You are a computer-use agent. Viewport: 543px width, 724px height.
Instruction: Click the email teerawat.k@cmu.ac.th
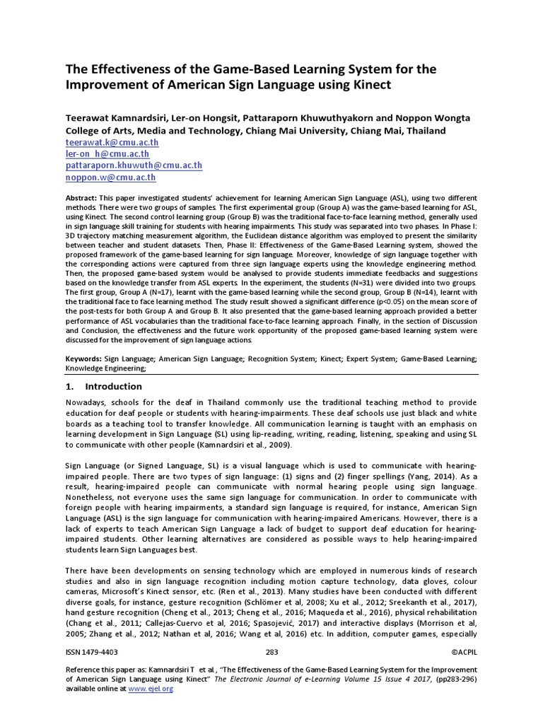112,142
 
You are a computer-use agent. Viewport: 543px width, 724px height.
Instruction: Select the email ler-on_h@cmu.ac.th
107,153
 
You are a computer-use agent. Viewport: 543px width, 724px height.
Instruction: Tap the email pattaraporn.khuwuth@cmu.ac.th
134,165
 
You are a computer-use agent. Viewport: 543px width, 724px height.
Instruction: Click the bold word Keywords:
83,359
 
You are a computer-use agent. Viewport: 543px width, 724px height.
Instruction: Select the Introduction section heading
113,387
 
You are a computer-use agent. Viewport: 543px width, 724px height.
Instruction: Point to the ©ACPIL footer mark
463,652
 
